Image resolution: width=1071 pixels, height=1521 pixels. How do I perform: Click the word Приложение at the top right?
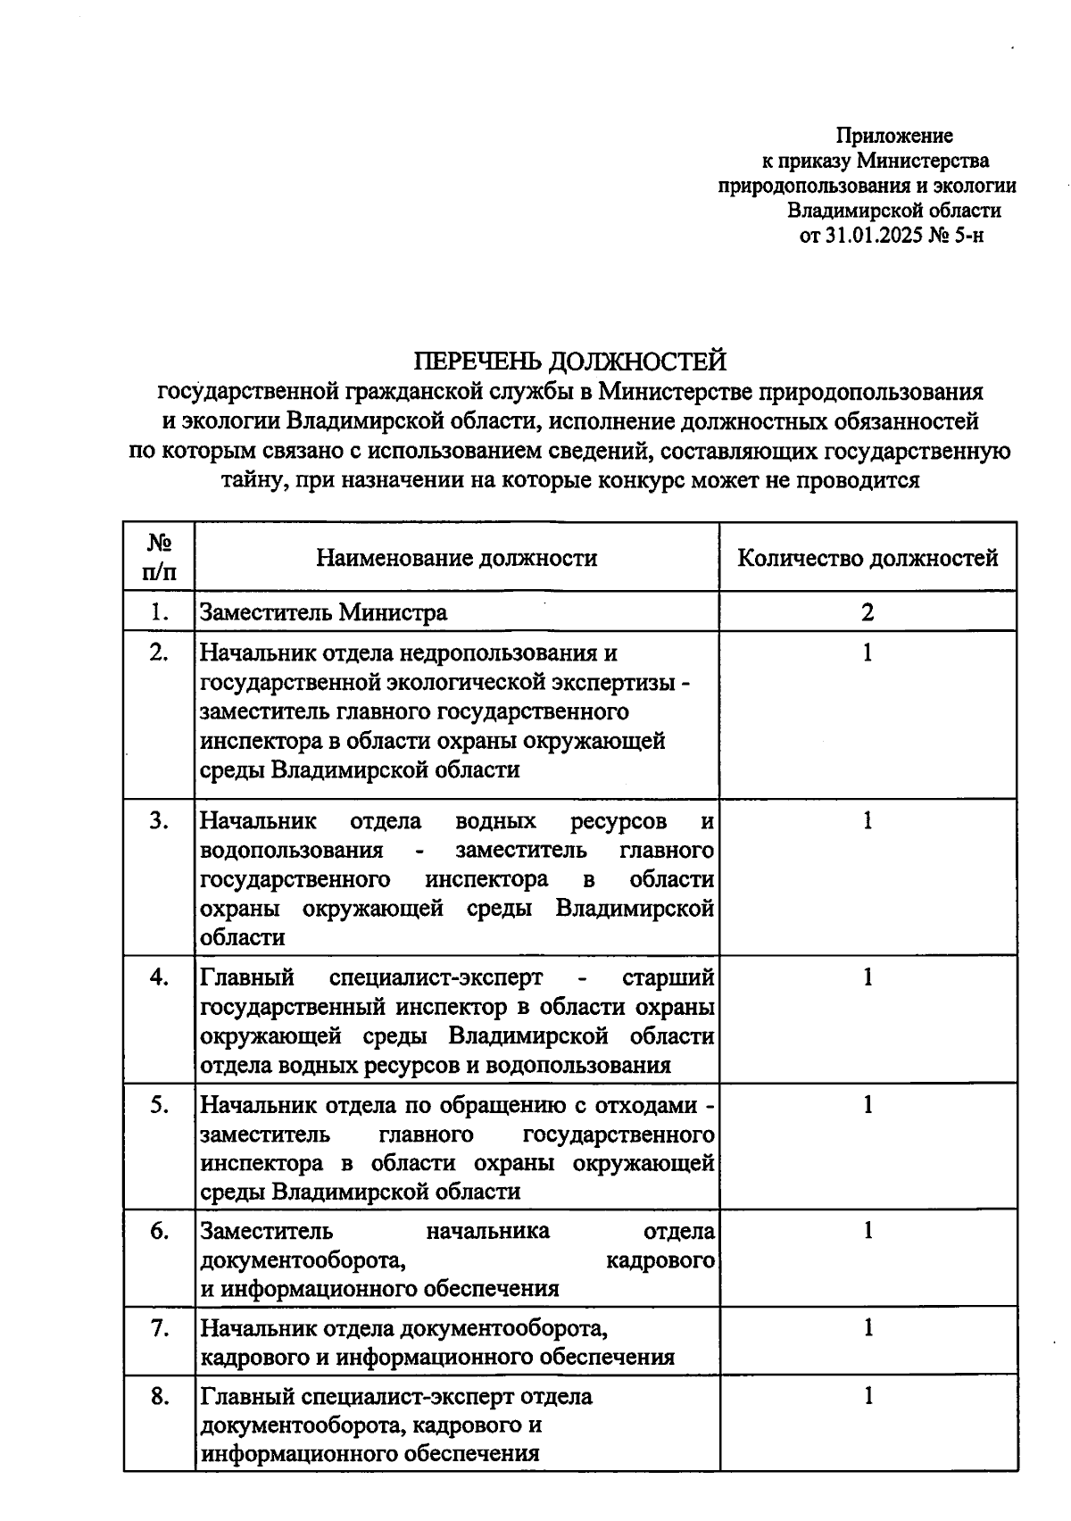[x=894, y=136]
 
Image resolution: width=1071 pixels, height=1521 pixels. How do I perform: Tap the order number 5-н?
[x=969, y=236]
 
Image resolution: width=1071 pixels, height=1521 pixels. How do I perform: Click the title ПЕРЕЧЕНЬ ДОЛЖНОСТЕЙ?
[x=570, y=362]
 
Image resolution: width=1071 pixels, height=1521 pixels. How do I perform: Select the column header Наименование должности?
[x=457, y=559]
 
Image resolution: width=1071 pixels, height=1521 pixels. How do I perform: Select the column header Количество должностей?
[x=868, y=559]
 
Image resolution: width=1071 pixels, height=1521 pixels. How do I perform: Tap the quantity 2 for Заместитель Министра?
[x=867, y=612]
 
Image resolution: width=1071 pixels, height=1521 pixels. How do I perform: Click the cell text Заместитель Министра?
[x=324, y=612]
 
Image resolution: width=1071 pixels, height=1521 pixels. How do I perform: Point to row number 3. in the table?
[x=159, y=821]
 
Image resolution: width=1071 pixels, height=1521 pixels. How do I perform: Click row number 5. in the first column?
[x=159, y=1105]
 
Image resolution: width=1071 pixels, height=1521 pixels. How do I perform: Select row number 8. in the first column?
[x=159, y=1396]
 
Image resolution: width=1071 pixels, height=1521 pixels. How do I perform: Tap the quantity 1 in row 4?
[x=867, y=977]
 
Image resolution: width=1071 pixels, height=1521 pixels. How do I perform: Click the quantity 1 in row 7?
[x=867, y=1328]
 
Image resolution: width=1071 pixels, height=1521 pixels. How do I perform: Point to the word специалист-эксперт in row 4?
[x=436, y=977]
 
